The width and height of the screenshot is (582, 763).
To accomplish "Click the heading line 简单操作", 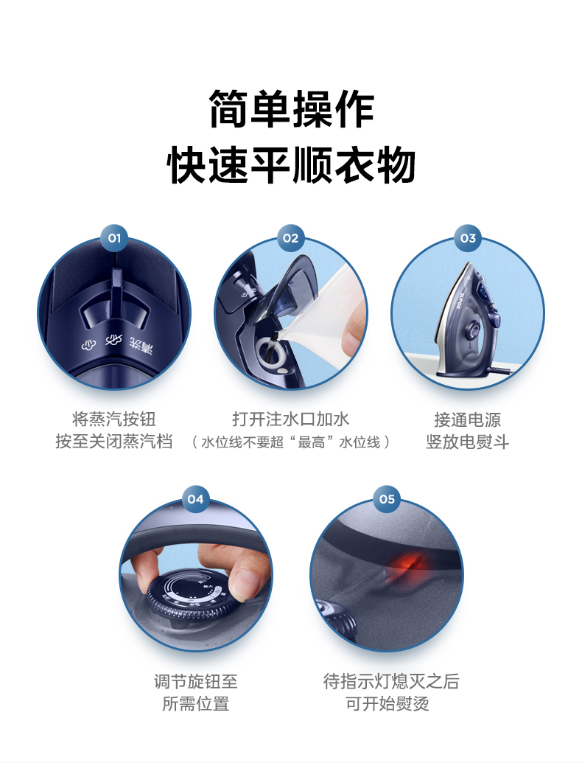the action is pos(291,109).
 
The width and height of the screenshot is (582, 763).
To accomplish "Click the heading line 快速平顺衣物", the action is pos(291,165).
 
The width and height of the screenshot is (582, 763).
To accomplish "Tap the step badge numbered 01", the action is pos(113,238).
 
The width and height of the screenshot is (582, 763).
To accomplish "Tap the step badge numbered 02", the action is pos(291,238).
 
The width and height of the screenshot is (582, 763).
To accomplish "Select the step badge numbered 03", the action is pos(468,238).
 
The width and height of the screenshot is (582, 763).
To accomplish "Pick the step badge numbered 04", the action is pos(195,499).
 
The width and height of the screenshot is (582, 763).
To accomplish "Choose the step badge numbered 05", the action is pos(387,499).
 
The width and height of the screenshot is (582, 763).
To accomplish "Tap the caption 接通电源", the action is pos(468,419).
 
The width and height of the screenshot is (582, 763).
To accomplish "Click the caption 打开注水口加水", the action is pos(291,419).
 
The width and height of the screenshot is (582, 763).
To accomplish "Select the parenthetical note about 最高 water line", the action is pos(291,442).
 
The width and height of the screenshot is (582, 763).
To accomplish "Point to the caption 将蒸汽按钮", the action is pos(113,419).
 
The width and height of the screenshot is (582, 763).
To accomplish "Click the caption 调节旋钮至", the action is pos(195,680).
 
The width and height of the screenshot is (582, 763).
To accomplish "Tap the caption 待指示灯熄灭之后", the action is pos(391,680).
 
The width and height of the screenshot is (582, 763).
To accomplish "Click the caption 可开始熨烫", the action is pos(387,703).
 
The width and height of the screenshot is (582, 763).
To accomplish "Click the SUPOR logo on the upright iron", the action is pos(462,302).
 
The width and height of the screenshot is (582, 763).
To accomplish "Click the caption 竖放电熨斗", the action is pos(468,442).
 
